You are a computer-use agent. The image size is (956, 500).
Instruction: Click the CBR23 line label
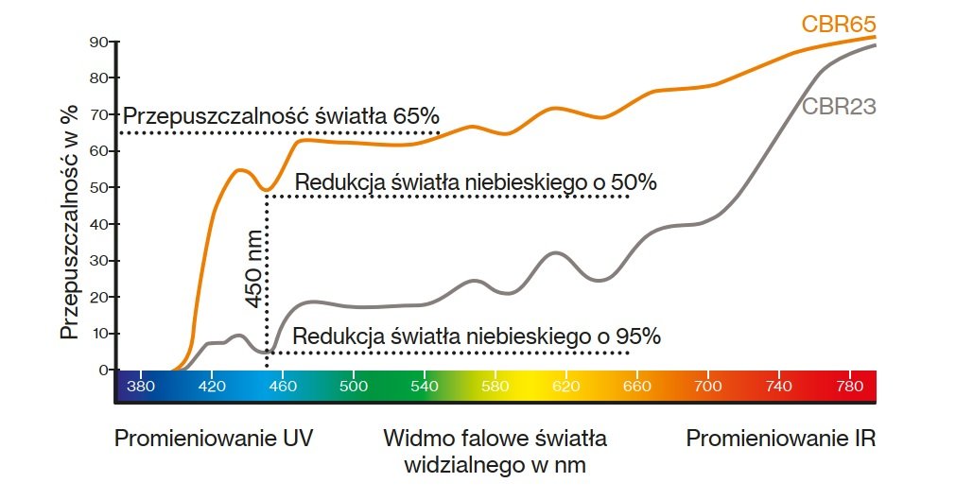(839, 107)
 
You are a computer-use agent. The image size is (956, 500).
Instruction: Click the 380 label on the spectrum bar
(141, 387)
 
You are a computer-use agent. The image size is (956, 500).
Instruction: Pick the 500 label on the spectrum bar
(353, 387)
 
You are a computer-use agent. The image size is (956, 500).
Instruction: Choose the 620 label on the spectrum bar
(565, 387)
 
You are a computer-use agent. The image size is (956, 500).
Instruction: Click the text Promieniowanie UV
(214, 440)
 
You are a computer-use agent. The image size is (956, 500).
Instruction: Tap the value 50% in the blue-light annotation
(634, 182)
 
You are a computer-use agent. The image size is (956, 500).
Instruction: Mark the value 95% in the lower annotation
(636, 336)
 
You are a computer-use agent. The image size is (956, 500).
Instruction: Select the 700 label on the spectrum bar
(707, 387)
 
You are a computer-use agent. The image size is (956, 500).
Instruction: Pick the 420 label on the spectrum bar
(212, 387)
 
